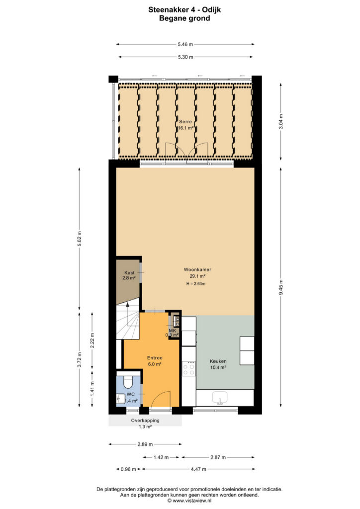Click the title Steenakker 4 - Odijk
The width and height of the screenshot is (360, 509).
point(184,10)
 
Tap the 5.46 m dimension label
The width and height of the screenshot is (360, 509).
point(185,44)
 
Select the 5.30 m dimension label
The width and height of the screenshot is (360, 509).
point(185,57)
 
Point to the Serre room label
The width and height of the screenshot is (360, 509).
point(185,122)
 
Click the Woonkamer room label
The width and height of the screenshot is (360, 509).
point(197,269)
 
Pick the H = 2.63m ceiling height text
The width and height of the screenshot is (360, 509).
point(196,284)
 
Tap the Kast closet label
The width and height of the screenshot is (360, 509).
point(129,273)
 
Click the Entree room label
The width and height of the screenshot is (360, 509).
point(155,358)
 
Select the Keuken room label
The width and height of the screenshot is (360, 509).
point(218,361)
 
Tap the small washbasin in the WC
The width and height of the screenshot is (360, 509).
point(121,398)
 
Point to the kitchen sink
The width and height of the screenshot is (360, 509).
point(220,398)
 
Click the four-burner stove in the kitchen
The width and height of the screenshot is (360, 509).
point(189,368)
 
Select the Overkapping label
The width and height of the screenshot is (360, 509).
point(145,421)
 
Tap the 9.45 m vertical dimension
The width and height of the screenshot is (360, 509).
point(281,287)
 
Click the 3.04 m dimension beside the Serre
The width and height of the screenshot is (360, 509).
point(281,121)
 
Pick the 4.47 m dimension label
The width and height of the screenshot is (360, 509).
point(198,469)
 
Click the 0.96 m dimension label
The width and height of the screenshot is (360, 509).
point(128,469)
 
